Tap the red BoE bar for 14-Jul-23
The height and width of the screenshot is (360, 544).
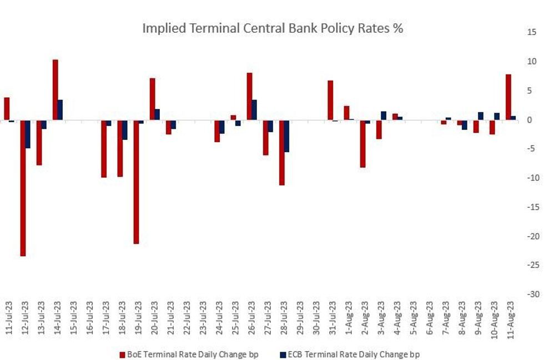[x=56, y=89]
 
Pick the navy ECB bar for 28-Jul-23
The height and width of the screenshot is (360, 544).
[x=286, y=136]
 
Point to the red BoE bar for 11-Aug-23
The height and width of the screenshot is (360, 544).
[x=508, y=97]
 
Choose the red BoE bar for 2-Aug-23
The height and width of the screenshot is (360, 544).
[x=362, y=144]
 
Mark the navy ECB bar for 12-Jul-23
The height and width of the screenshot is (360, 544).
[x=28, y=134]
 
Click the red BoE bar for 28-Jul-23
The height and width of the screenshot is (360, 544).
[x=281, y=152]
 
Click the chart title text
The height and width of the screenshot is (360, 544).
[x=273, y=29]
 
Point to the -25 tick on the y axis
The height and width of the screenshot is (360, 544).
[x=532, y=265]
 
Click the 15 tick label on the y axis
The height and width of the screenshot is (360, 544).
[x=532, y=32]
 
